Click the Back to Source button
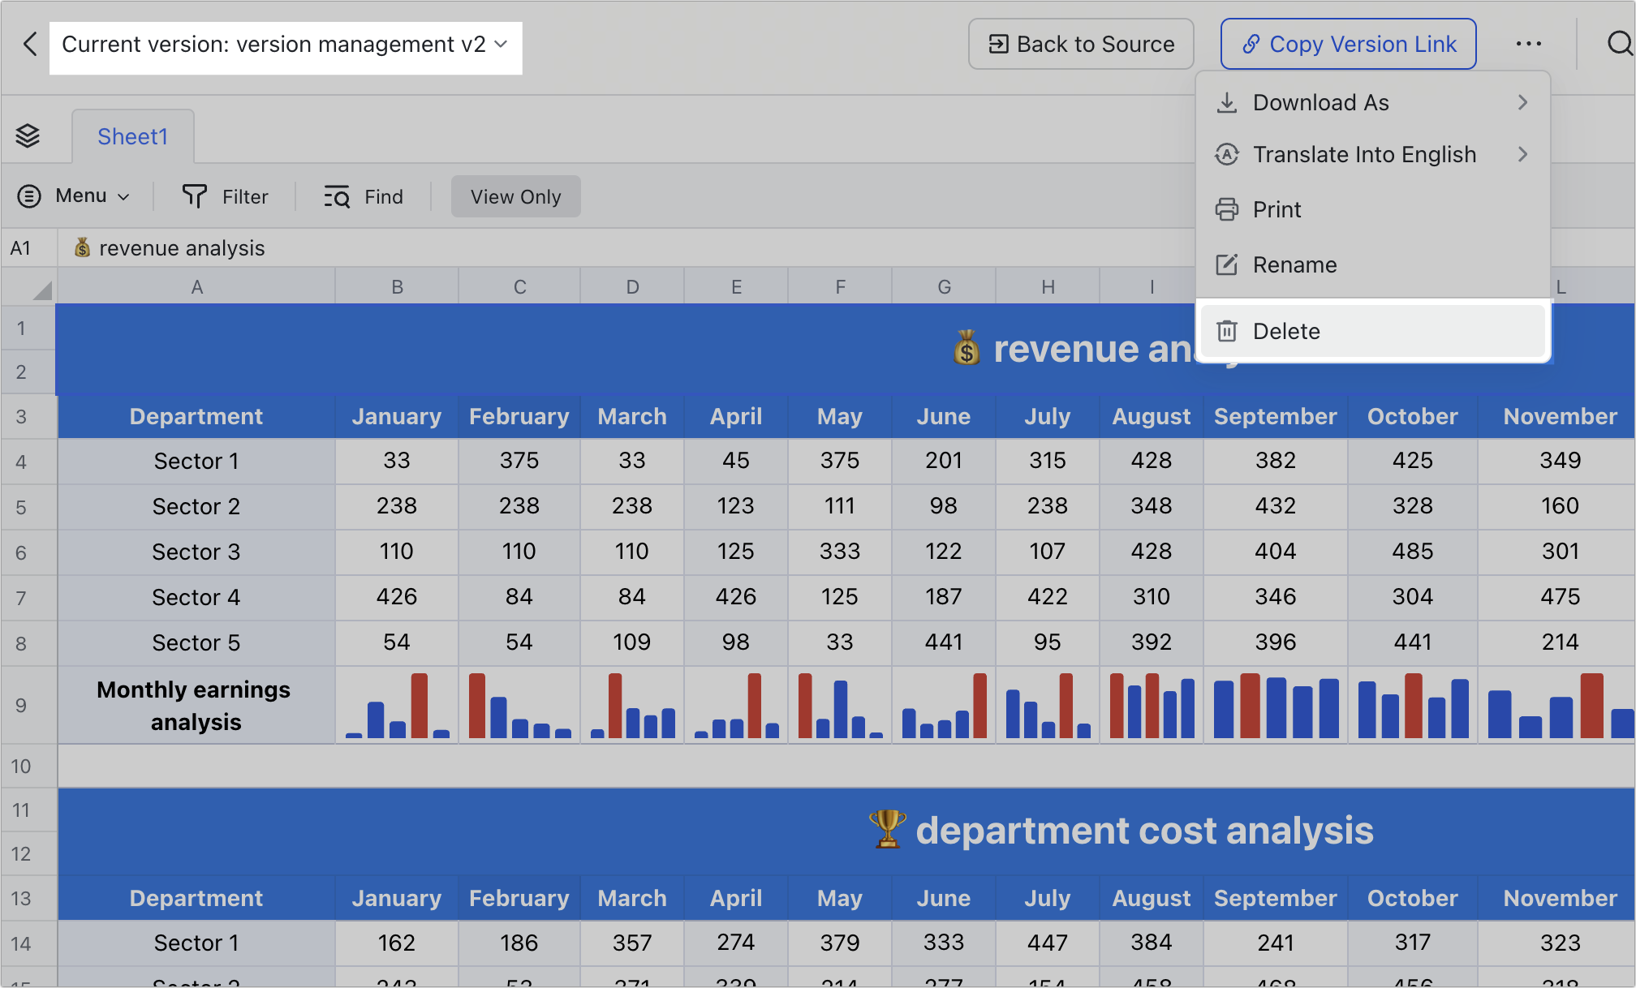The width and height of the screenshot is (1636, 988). click(1080, 44)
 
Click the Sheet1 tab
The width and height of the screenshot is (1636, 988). click(132, 136)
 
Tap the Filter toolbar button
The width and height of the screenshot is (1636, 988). click(225, 196)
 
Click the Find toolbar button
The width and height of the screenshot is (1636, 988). click(364, 196)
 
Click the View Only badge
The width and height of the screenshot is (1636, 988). click(515, 196)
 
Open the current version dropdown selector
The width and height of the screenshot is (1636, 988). click(285, 45)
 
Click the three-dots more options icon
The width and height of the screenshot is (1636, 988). click(1528, 44)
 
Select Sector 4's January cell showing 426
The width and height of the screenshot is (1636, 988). click(396, 597)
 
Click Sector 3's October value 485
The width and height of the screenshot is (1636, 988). click(1412, 552)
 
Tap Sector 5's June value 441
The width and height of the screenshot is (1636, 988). click(943, 642)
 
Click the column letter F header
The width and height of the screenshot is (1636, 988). click(840, 287)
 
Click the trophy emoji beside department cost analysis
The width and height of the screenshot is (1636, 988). click(887, 830)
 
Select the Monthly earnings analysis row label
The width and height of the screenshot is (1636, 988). click(196, 705)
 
